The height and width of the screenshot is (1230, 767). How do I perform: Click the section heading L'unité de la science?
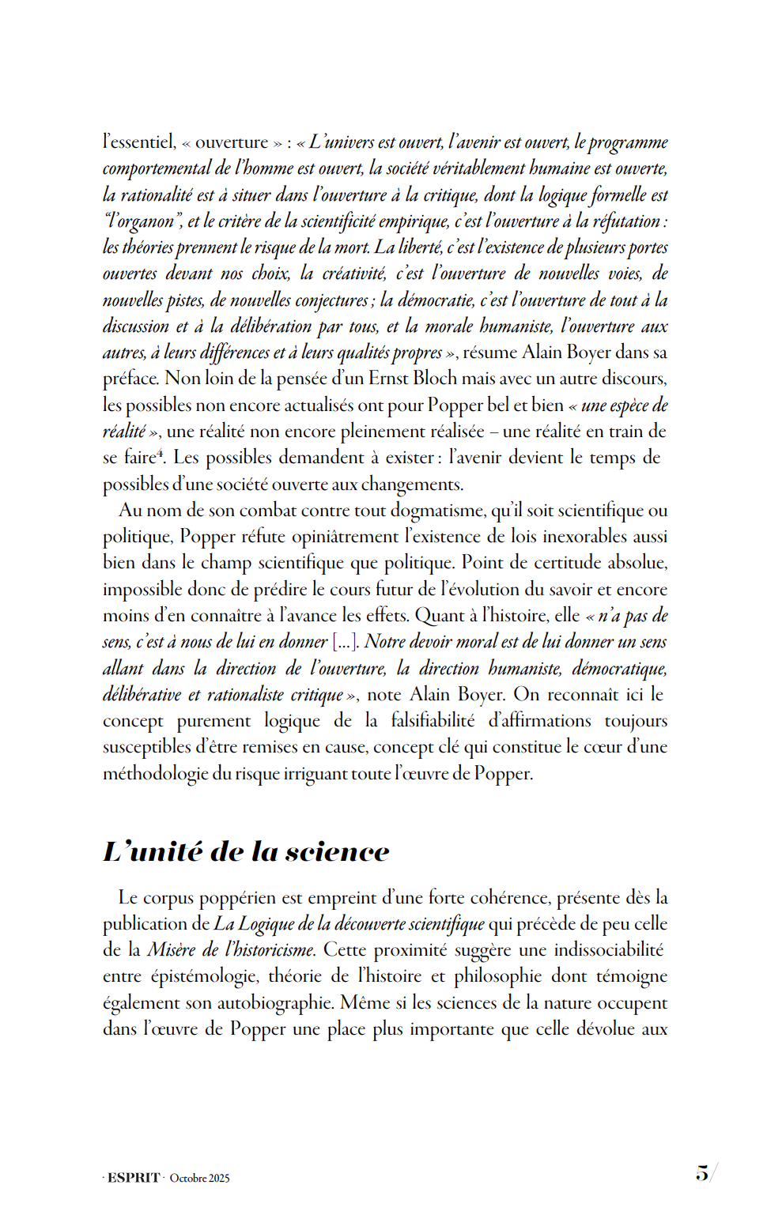246,851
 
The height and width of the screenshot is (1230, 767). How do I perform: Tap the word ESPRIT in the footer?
134,1178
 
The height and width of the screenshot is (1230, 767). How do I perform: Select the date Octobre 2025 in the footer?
200,1178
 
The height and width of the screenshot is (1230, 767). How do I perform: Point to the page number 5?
701,1173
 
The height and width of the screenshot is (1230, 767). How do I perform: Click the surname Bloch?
435,379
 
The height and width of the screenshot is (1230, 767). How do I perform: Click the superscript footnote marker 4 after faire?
160,453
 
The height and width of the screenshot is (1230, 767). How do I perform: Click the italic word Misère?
172,950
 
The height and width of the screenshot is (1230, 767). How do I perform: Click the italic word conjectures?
331,300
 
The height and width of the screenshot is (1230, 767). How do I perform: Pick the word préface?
130,379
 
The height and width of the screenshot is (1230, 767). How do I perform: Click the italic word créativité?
354,274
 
